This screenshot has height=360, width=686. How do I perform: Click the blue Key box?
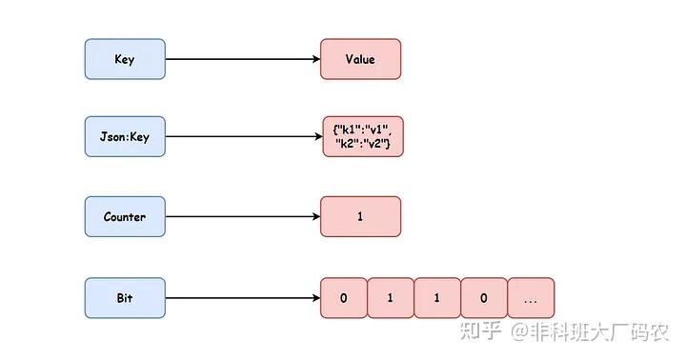(x=125, y=59)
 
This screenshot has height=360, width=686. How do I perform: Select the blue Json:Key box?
(x=125, y=137)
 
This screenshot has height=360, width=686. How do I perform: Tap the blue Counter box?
(x=125, y=217)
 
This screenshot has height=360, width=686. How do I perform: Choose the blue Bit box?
(x=125, y=298)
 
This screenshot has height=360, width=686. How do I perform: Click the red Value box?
(x=360, y=59)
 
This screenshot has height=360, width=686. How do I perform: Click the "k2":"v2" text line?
(x=362, y=144)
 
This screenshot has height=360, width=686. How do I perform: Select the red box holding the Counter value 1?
(x=360, y=217)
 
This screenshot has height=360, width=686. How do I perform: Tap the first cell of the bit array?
(x=343, y=298)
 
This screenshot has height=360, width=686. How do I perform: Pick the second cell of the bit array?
(x=390, y=298)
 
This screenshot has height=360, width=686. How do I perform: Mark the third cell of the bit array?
(x=436, y=298)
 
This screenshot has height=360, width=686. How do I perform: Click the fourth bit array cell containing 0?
(x=483, y=298)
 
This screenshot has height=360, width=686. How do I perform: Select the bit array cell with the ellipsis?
(x=530, y=298)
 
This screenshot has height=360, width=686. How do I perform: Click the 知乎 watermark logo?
(x=480, y=330)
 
